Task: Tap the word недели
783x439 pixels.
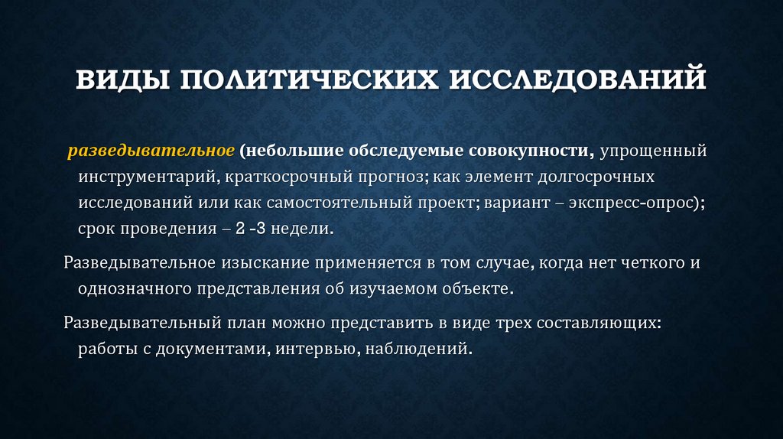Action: pos(306,229)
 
